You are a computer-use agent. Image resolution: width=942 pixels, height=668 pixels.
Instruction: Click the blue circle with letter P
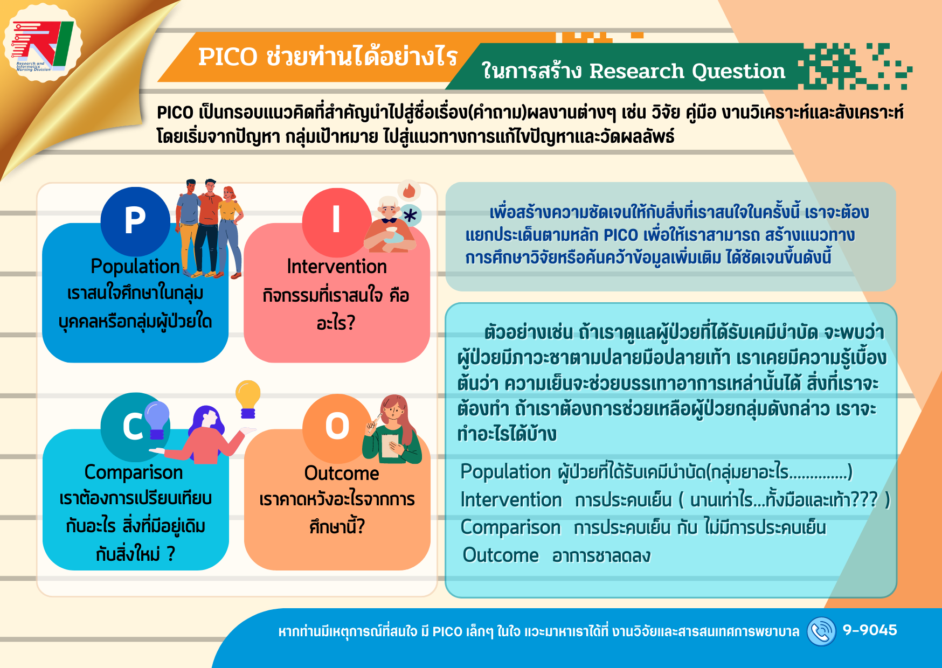135,221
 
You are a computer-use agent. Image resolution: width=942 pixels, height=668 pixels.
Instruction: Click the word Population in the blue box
135,267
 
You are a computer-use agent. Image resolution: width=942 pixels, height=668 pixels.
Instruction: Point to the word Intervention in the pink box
337,267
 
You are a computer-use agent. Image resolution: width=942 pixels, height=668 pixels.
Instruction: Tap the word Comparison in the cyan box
134,472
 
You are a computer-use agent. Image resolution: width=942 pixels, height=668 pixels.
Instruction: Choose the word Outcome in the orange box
342,474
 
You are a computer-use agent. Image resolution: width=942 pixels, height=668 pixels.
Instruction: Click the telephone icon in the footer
821,631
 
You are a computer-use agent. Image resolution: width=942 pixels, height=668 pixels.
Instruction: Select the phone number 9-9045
870,630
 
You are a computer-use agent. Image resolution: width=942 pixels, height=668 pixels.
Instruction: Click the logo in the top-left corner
42,44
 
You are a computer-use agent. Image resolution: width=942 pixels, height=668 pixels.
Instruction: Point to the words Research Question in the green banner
687,71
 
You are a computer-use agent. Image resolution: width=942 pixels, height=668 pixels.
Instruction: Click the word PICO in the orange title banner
228,57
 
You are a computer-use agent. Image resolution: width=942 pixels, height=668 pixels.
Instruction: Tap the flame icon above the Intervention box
409,190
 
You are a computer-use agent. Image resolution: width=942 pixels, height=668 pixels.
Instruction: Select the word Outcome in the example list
501,555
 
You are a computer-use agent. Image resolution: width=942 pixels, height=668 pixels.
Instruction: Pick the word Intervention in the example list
511,500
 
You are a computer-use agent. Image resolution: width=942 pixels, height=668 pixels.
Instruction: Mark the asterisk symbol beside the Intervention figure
410,216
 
